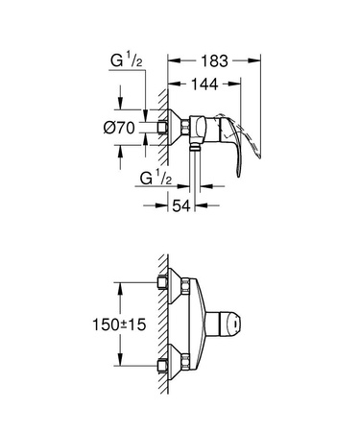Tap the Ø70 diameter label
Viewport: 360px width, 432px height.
(121, 127)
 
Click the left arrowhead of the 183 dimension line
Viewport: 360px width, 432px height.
(172, 59)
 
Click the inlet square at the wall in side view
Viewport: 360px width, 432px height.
(161, 127)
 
